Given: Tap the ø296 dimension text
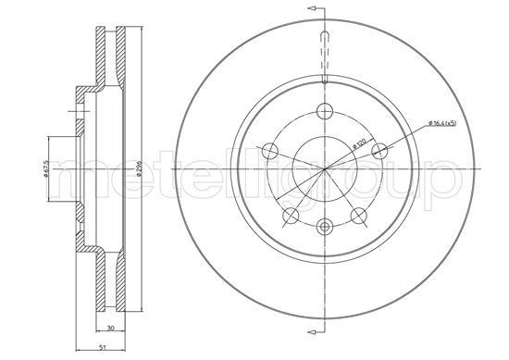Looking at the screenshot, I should pyautogui.click(x=136, y=170).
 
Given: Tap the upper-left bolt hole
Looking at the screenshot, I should pyautogui.click(x=268, y=152).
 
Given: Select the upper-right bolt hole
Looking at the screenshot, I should pyautogui.click(x=374, y=152).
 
